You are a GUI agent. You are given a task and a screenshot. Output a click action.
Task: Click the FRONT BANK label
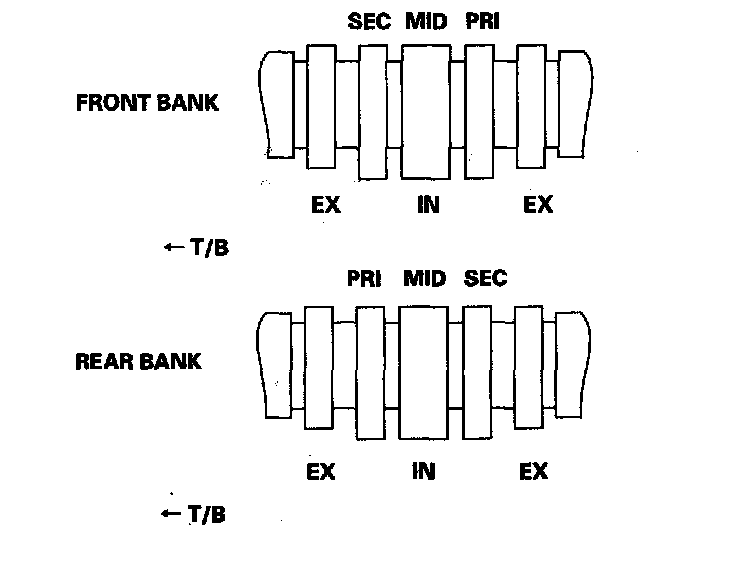pyautogui.click(x=147, y=103)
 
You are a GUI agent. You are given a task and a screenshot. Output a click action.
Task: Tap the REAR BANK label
pyautogui.click(x=138, y=361)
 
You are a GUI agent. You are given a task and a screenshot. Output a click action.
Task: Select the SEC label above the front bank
pyautogui.click(x=369, y=22)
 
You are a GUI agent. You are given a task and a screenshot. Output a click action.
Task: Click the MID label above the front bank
pyautogui.click(x=428, y=22)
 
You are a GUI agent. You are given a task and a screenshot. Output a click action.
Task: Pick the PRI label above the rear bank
pyautogui.click(x=365, y=278)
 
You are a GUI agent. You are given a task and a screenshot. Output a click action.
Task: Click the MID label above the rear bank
pyautogui.click(x=424, y=278)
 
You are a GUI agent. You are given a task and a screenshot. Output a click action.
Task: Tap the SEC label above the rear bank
pyautogui.click(x=486, y=278)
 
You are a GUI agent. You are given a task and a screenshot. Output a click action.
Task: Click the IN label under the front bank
pyautogui.click(x=427, y=206)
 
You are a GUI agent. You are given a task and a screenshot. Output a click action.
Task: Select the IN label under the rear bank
pyautogui.click(x=423, y=471)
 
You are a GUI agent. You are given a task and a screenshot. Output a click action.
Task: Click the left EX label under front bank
pyautogui.click(x=325, y=206)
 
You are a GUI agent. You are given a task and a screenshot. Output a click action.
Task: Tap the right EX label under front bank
pyautogui.click(x=538, y=206)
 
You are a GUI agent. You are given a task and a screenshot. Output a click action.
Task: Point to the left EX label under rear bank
pyautogui.click(x=321, y=471)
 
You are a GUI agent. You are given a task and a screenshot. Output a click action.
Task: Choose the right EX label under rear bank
pyautogui.click(x=534, y=471)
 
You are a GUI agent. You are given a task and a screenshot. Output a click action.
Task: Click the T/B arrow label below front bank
pyautogui.click(x=196, y=247)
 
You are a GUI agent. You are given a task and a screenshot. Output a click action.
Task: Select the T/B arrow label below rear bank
pyautogui.click(x=193, y=515)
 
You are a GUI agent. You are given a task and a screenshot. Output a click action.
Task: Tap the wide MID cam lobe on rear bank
pyautogui.click(x=424, y=371)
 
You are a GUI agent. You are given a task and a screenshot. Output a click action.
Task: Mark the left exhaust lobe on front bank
pyautogui.click(x=322, y=106)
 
